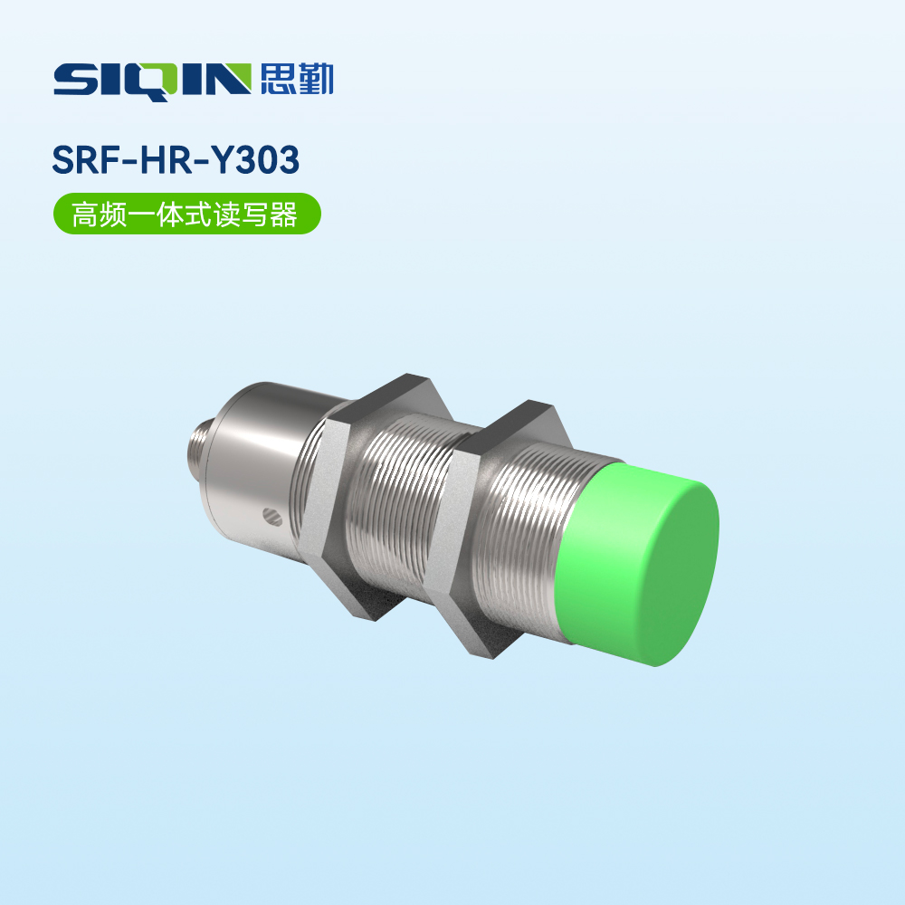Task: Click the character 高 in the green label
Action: tap(85, 214)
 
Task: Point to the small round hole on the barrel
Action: tap(271, 518)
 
